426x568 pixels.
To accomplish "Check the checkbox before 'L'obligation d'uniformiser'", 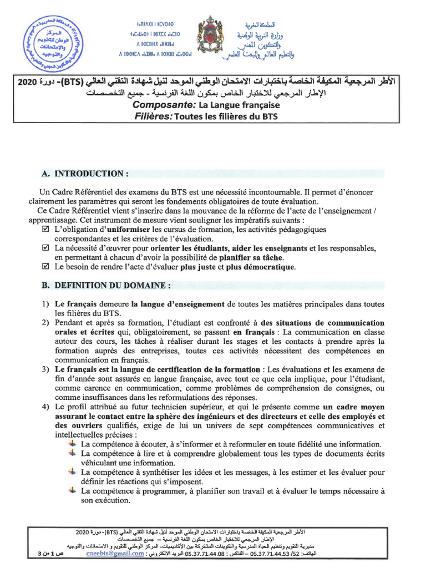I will (46, 229).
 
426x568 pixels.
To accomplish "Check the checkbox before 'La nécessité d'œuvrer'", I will (46, 247).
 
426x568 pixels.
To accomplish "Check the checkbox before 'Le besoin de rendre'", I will (46, 266).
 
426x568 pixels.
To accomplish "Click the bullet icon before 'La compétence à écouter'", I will (73, 444).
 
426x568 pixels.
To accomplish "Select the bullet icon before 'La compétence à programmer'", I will (73, 490).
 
